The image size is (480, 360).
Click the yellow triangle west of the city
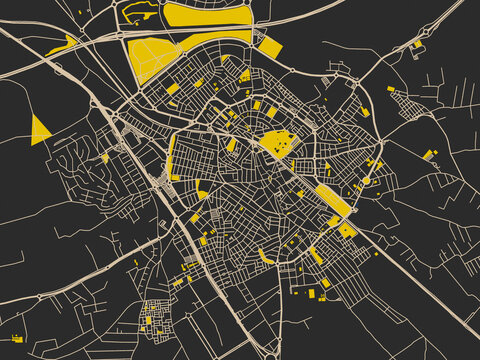40,130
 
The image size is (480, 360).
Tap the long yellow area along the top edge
205,14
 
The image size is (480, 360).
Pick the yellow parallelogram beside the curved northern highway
269,48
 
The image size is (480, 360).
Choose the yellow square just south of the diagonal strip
347,231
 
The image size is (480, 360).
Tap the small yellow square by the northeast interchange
418,44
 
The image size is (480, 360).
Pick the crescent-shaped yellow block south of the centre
266,258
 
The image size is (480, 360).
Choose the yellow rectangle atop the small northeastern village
391,90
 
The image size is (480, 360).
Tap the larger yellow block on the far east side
430,155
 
